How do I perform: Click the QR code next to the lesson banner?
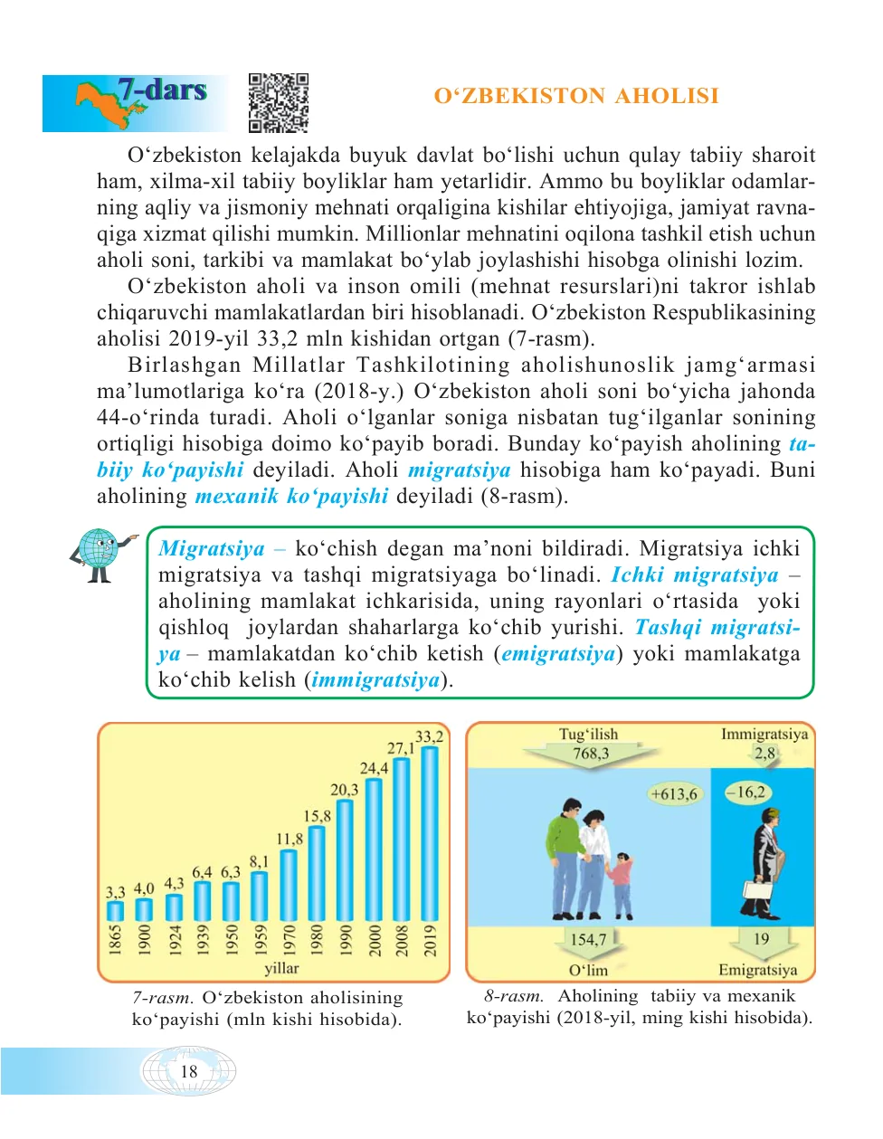(279, 103)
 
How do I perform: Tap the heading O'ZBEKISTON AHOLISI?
(576, 96)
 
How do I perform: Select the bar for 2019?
(430, 832)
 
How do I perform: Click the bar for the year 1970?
(289, 884)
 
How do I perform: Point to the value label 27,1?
(401, 748)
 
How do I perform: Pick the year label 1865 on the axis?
(116, 940)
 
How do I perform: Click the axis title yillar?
(281, 968)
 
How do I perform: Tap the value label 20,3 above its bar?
(344, 790)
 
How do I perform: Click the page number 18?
(189, 1071)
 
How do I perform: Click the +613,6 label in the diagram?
(674, 794)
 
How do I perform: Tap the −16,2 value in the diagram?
(746, 793)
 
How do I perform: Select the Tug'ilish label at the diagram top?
(588, 735)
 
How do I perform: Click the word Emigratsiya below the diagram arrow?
(758, 970)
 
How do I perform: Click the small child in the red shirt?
(621, 882)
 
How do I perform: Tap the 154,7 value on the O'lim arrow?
(588, 939)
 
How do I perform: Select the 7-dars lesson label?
(162, 90)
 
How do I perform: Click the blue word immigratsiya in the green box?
(375, 679)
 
